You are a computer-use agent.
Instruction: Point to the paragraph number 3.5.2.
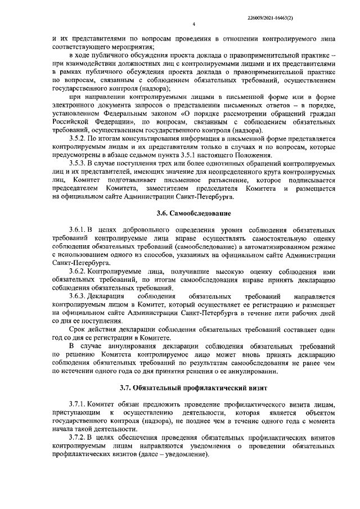[x=78, y=138]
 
